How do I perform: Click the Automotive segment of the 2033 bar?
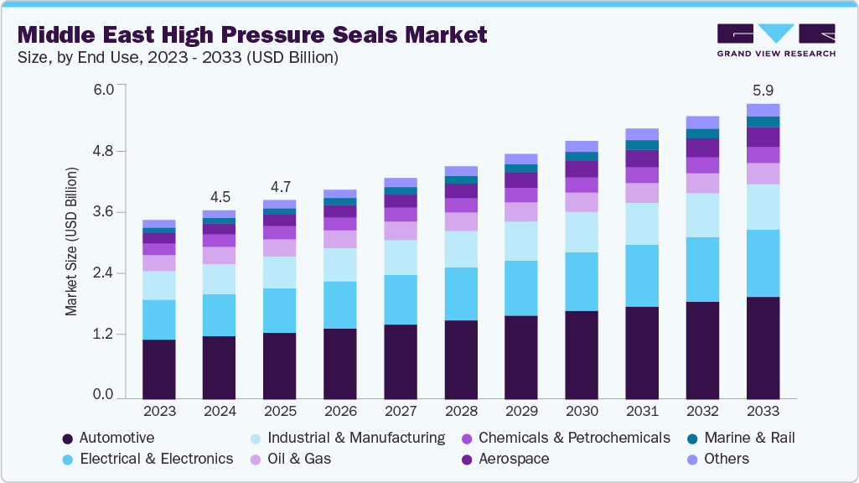pos(763,347)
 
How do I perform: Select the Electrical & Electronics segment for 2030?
pos(582,282)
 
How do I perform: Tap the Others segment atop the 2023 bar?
pos(159,224)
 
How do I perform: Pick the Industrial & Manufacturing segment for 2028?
pos(461,249)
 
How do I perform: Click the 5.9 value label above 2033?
pos(763,90)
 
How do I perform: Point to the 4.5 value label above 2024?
pos(220,197)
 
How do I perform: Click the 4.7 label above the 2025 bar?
pos(280,186)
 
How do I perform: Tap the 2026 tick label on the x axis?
pos(340,412)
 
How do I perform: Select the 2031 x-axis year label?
pos(642,412)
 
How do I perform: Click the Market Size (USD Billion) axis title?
pos(71,241)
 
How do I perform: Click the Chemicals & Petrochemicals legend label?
pos(574,438)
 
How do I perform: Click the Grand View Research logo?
pos(776,40)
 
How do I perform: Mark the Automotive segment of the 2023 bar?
pos(159,368)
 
